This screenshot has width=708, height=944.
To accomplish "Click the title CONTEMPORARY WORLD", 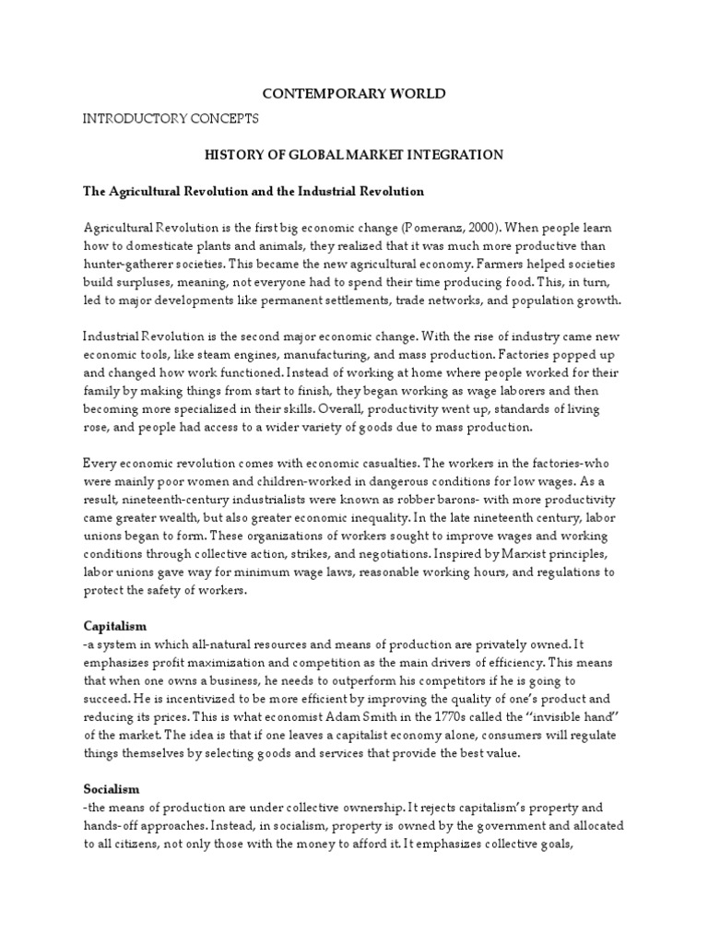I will pyautogui.click(x=354, y=94).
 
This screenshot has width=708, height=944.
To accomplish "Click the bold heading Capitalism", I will pyautogui.click(x=114, y=626).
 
